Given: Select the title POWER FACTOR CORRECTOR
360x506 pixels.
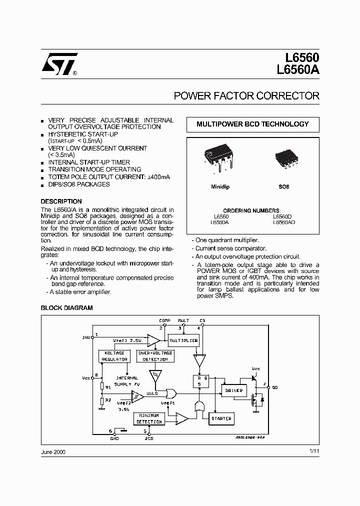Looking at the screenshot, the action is pos(246,96).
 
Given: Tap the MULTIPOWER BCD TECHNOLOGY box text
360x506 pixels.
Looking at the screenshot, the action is pos(252,124).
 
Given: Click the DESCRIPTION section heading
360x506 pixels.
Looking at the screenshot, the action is pos(61,201).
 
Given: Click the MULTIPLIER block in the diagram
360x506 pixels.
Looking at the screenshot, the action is pos(183,340).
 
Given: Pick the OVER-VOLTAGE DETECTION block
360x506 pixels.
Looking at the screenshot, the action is pos(155,356).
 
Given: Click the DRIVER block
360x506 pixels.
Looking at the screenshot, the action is pos(234,390).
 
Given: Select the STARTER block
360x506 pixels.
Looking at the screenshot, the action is pos(221,418).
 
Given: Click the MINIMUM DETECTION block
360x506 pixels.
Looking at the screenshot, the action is pos(149,418).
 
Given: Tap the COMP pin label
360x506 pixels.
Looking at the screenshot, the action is pos(164,320).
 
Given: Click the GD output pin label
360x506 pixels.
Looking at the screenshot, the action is pos(275,387).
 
